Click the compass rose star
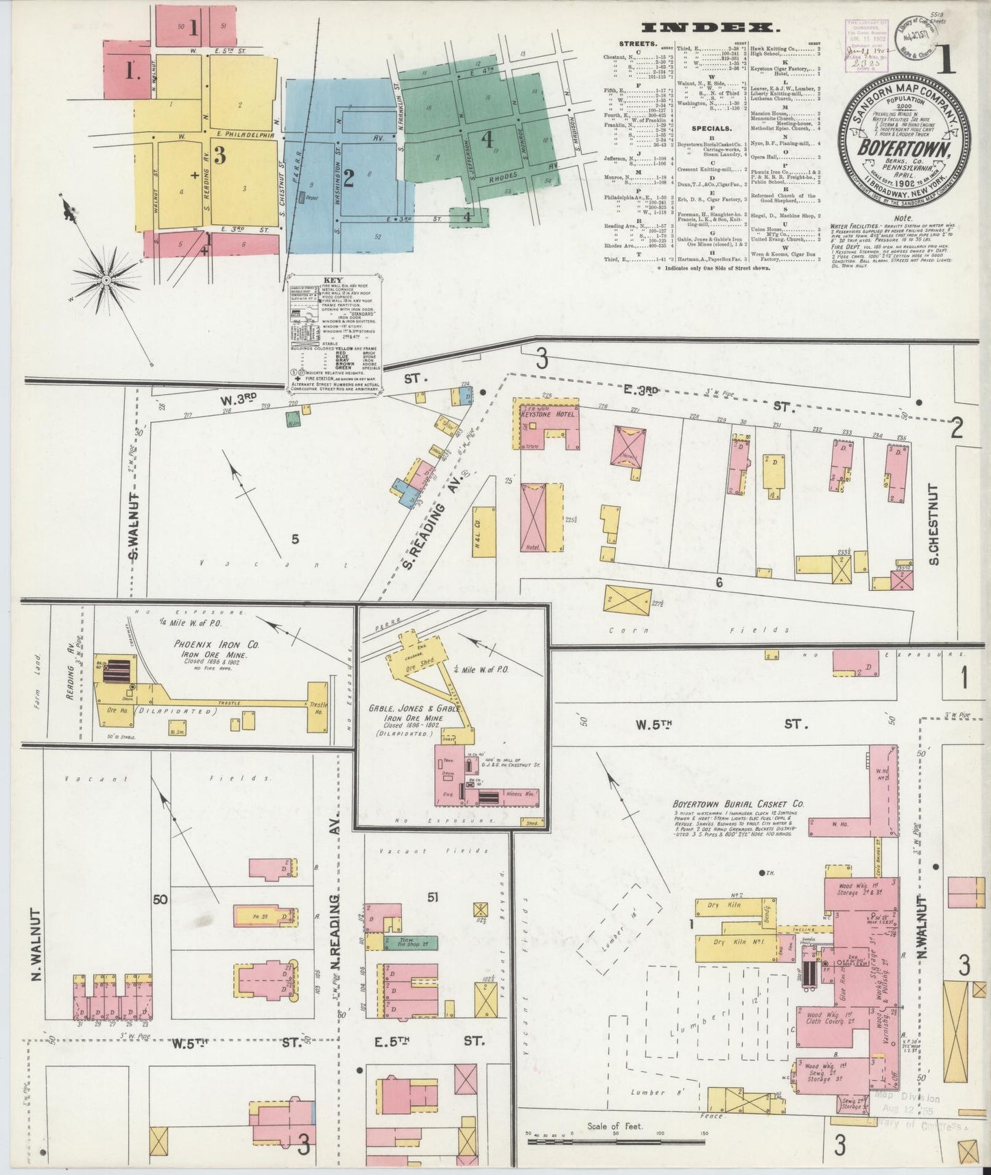tap(107, 280)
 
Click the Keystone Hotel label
tap(548, 414)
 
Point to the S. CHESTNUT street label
tap(933, 524)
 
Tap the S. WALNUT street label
tap(135, 526)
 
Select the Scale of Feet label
tap(614, 1126)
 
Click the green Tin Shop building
tap(410, 943)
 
